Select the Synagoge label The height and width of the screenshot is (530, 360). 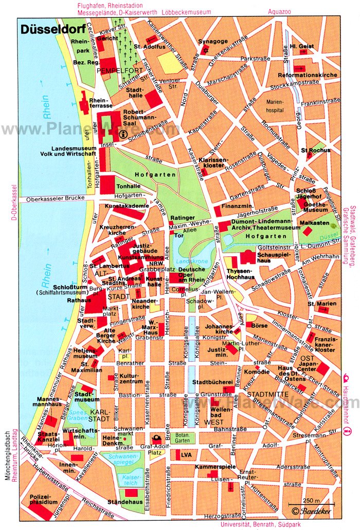tap(212, 42)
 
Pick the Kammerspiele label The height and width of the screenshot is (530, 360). tap(215, 467)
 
